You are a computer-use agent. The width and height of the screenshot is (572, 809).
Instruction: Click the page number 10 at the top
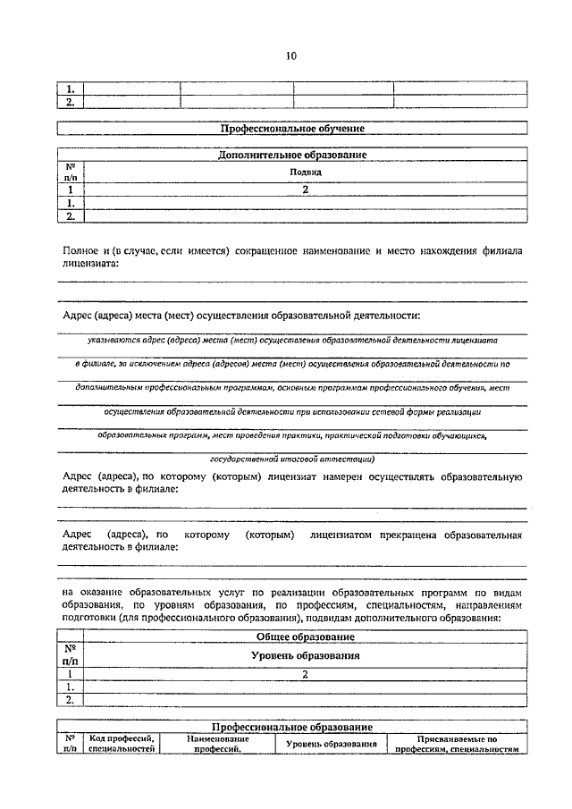point(290,56)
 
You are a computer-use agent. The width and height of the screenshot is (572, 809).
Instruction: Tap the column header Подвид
point(305,172)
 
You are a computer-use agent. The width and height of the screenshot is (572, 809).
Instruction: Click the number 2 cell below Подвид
point(305,190)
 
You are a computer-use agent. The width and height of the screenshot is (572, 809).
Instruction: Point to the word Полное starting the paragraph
point(80,252)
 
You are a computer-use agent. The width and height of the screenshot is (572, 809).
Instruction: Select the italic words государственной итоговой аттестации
point(292,459)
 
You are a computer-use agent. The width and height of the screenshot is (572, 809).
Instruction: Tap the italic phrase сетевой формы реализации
point(426,412)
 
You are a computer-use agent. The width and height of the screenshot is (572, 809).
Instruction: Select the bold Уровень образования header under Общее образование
point(305,655)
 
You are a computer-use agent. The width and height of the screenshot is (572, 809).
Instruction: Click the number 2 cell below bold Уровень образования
point(305,675)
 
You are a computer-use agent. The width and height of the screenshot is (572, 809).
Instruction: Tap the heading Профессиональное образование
point(292,728)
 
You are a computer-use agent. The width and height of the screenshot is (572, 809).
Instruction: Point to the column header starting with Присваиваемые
point(457,745)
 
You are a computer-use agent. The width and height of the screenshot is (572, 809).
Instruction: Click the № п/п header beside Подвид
point(70,172)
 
